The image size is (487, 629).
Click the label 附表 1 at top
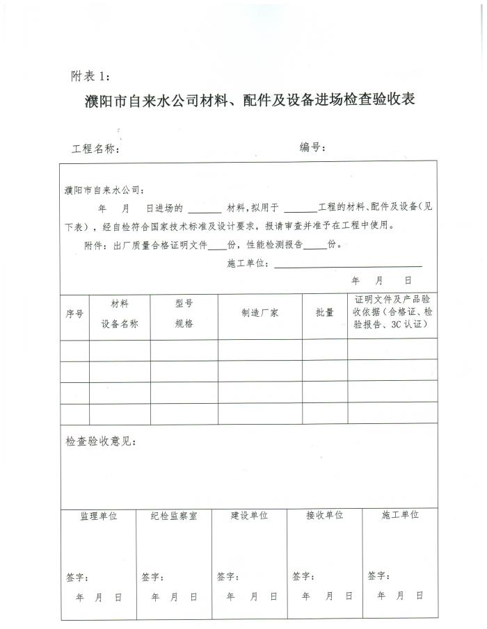click(x=90, y=75)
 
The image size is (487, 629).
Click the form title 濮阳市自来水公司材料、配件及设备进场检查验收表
click(x=249, y=101)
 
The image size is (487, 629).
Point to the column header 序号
click(x=74, y=313)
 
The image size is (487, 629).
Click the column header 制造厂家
click(x=260, y=313)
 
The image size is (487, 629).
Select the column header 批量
click(x=325, y=313)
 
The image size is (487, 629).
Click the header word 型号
click(x=184, y=304)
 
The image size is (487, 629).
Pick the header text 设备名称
click(x=120, y=324)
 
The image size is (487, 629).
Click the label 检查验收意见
click(x=101, y=441)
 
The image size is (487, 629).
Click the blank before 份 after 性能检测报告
click(x=314, y=246)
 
